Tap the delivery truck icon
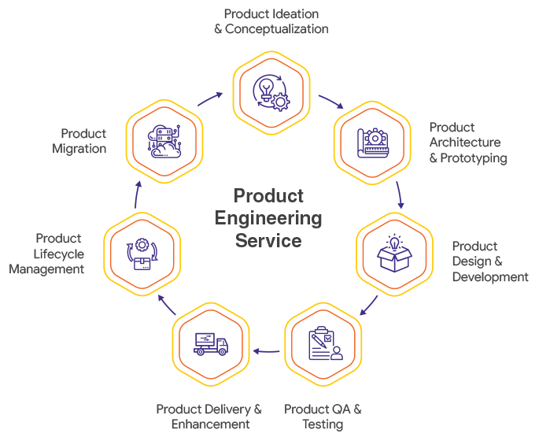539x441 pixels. tap(211, 343)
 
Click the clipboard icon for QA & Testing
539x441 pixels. tap(323, 343)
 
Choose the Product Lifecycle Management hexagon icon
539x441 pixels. tap(145, 254)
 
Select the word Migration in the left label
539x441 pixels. tap(79, 149)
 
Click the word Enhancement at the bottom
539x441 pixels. tap(210, 424)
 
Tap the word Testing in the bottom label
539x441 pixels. tap(323, 424)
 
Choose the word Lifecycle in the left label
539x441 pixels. tap(58, 254)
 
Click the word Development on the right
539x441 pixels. tap(489, 277)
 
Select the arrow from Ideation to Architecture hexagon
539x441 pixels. tap(331, 103)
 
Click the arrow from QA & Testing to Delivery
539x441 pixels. tap(268, 350)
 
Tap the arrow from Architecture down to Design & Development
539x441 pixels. tap(400, 195)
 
